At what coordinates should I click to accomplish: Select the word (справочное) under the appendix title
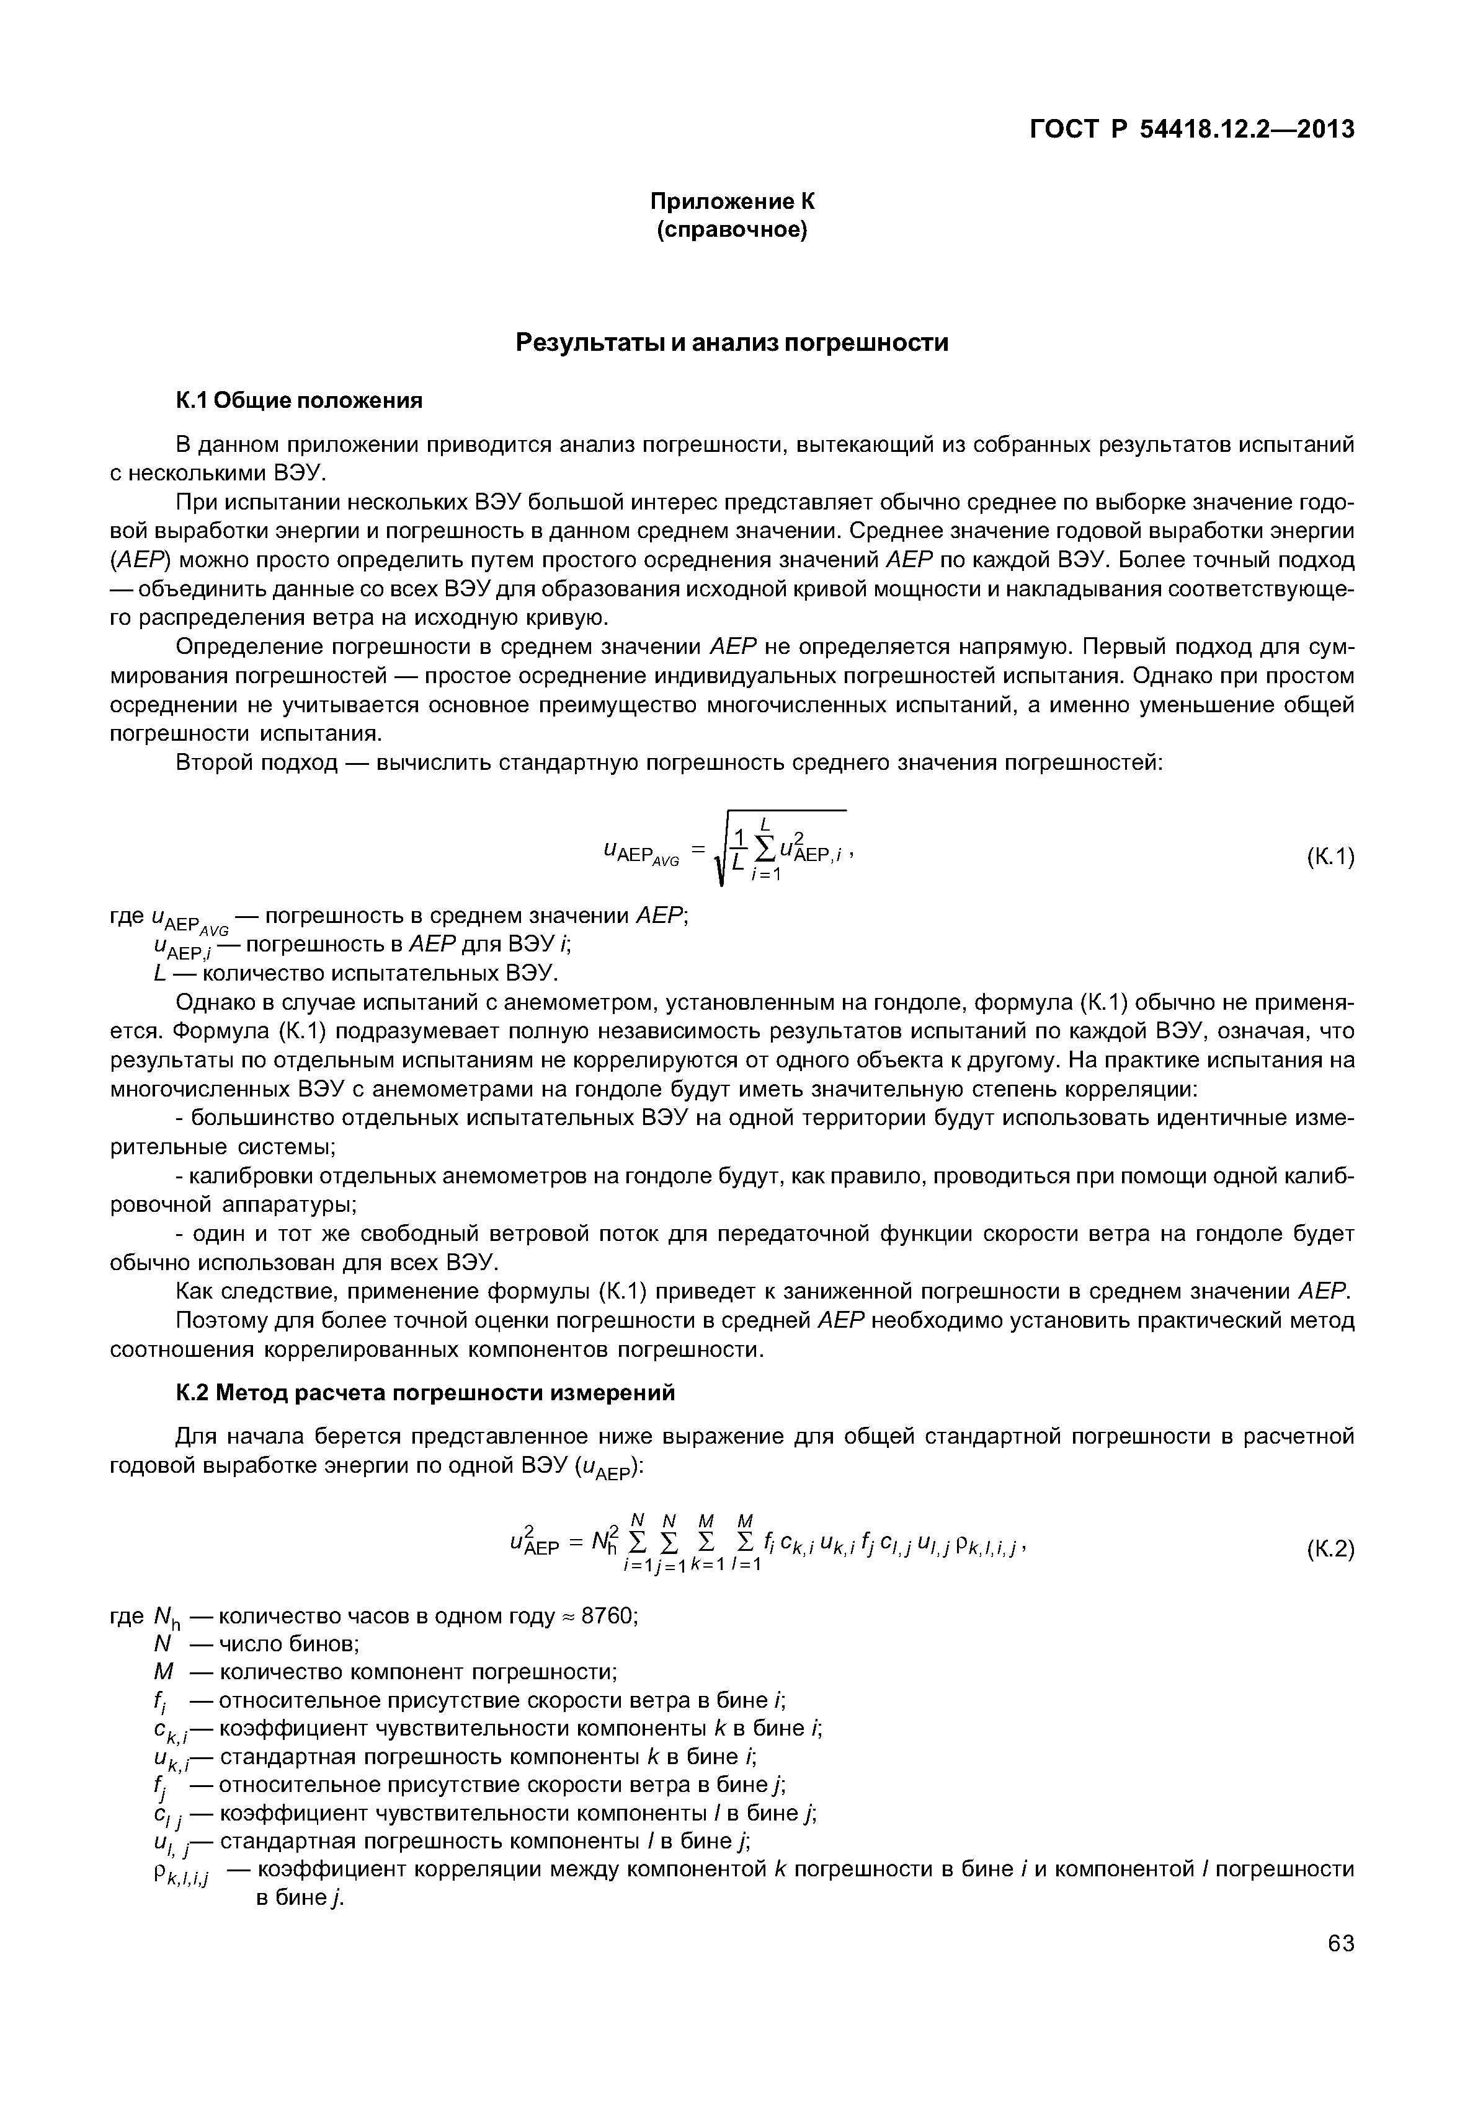(x=732, y=231)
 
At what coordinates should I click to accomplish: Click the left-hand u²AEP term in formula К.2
(x=532, y=1547)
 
